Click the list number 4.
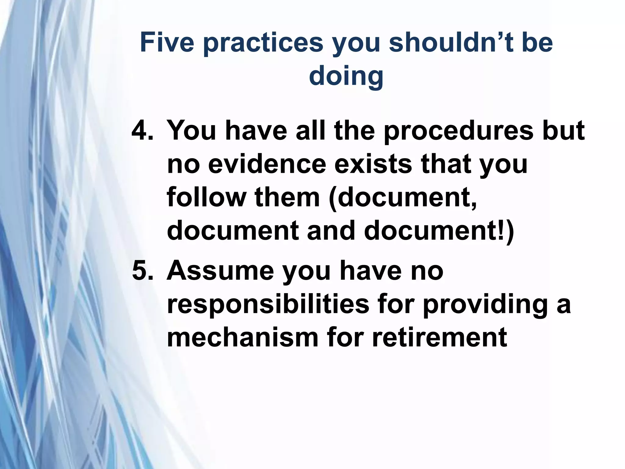[x=142, y=131]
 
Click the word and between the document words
[x=331, y=231]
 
